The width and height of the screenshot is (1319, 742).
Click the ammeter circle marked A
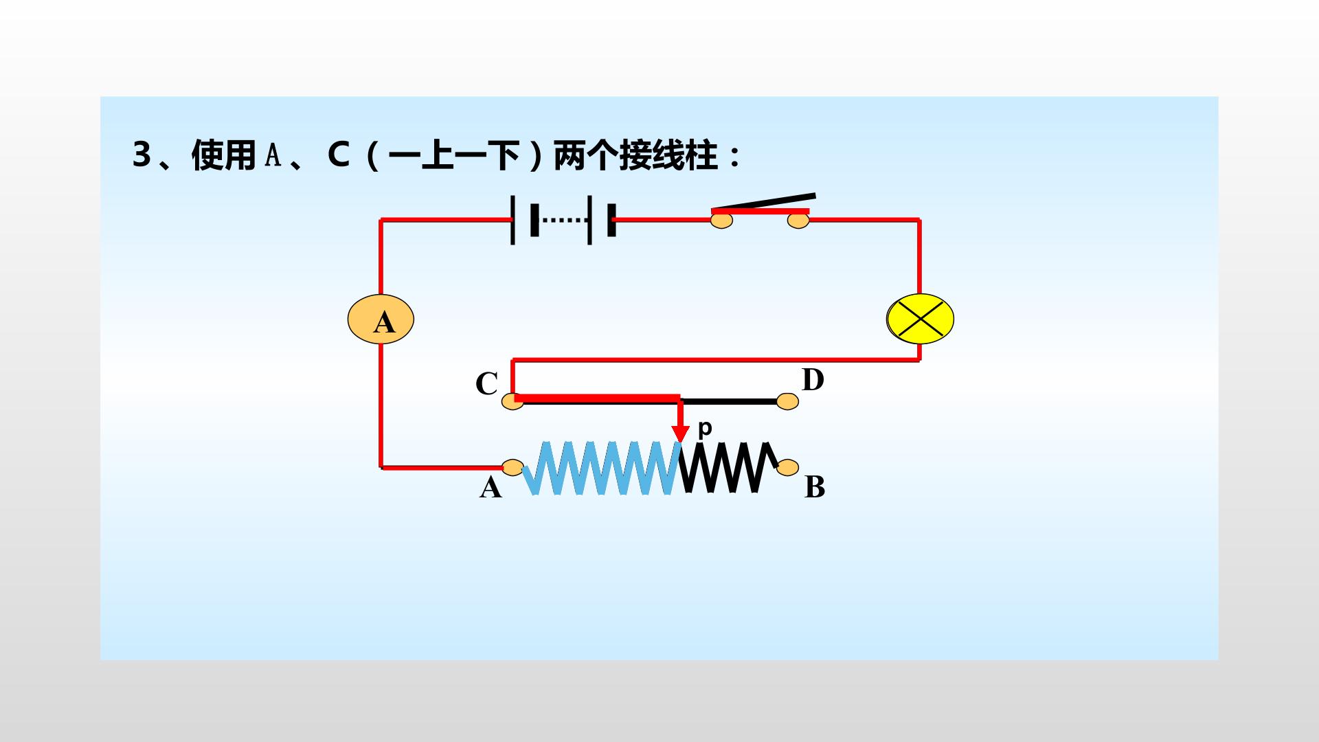coord(381,319)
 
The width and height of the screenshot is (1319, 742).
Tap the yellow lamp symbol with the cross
coord(921,319)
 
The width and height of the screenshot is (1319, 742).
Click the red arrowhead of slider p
coord(680,434)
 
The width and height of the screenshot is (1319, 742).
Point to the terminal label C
coord(486,384)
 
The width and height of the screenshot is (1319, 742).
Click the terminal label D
coord(813,379)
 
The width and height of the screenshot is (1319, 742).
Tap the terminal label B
coord(815,486)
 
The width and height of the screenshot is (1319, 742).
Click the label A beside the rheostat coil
coord(491,487)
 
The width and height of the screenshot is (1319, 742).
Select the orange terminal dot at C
coord(512,401)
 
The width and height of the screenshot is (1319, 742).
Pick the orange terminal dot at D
coord(788,401)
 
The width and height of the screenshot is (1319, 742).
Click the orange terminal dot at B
coord(788,467)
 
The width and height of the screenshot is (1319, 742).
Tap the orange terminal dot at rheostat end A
coord(512,467)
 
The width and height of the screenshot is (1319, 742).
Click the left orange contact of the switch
coord(721,221)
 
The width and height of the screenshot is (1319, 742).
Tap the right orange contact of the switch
coord(798,221)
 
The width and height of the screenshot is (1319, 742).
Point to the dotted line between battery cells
coord(565,221)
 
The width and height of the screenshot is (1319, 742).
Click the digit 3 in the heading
coord(142,155)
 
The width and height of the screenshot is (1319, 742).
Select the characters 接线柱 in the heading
coord(668,155)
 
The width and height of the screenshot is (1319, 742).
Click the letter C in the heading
coord(339,155)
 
